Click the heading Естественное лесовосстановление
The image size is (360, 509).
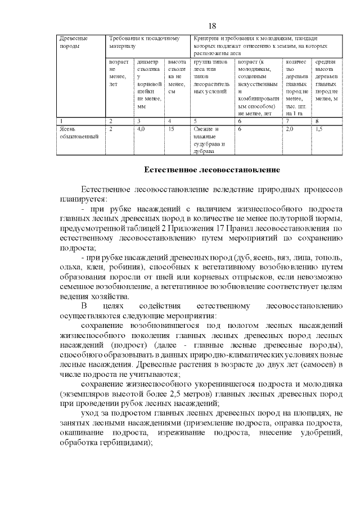[212, 169]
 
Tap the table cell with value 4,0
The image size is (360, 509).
[141, 129]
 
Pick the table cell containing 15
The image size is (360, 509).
[171, 129]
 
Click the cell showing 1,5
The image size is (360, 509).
[319, 129]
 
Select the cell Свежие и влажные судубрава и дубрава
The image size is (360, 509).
[211, 140]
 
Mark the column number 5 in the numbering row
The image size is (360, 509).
[195, 120]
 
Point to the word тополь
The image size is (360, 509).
[326, 257]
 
